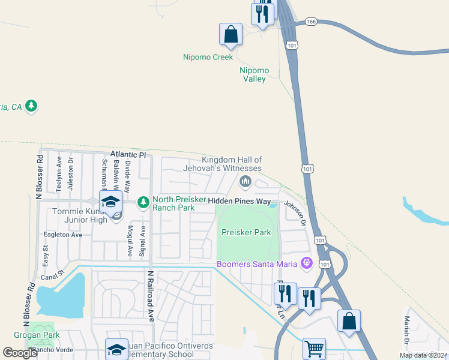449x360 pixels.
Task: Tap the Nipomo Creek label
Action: point(208,58)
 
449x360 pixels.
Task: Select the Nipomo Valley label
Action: point(255,74)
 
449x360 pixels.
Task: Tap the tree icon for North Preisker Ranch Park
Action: point(143,203)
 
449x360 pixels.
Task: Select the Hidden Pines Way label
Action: point(240,202)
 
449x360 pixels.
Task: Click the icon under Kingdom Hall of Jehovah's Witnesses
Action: point(244,181)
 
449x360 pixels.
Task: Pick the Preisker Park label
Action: point(246,232)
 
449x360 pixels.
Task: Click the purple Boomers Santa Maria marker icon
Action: point(307,262)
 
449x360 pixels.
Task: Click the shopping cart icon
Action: point(314,347)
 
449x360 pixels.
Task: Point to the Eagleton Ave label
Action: point(62,235)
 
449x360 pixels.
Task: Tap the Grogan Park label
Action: point(34,334)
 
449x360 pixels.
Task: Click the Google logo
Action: point(20,353)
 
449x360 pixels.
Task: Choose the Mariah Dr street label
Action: point(406,331)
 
